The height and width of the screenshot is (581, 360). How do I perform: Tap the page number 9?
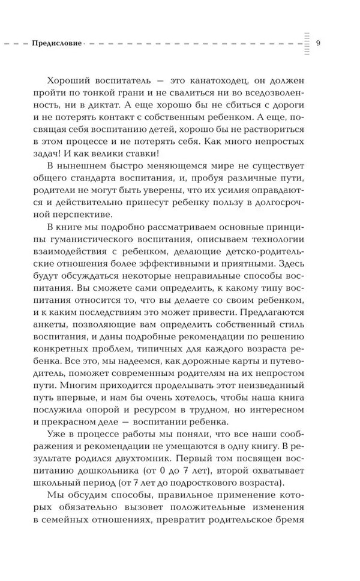318,43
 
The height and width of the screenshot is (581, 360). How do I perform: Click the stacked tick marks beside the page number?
307,43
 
